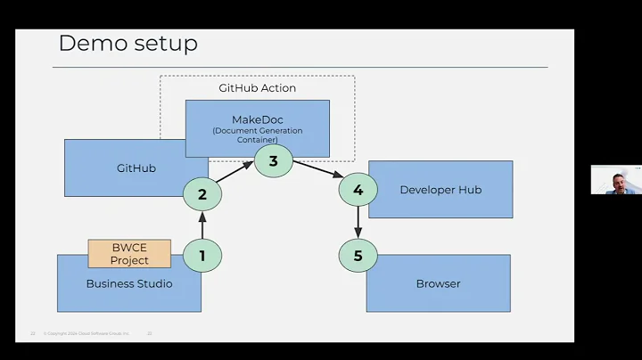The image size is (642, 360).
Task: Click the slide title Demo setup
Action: tap(128, 43)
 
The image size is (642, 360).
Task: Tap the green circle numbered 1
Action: tap(202, 256)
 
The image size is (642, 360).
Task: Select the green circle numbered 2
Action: tap(202, 194)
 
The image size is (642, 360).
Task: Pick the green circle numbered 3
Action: tap(274, 161)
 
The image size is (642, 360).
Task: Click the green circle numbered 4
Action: tap(358, 190)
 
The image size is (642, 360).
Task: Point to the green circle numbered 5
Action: tap(358, 256)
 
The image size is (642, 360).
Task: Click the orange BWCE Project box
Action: tap(129, 254)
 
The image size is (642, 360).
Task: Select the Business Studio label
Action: tap(129, 284)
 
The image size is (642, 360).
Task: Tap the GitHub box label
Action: tap(136, 168)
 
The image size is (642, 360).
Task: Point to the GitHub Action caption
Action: tap(258, 88)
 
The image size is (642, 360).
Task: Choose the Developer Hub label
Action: tap(440, 190)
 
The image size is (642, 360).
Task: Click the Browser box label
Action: tap(439, 284)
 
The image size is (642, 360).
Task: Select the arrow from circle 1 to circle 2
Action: tap(202, 225)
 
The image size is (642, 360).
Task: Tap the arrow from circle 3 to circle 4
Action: tap(316, 175)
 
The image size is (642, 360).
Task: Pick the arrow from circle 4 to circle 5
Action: tap(358, 223)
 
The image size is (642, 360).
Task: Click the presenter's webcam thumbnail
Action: tap(614, 180)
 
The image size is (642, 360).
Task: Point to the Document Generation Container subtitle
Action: tap(258, 135)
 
